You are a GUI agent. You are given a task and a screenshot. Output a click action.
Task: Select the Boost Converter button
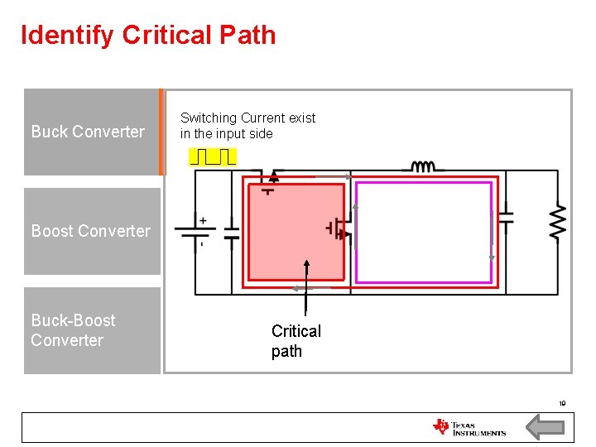[x=91, y=231]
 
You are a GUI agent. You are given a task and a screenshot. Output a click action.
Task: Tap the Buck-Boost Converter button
[x=91, y=330]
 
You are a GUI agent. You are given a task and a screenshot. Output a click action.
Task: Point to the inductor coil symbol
[x=423, y=167]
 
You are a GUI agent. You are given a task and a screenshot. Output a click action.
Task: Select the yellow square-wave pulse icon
[x=213, y=156]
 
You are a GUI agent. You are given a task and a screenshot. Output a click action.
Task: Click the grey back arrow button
[x=546, y=427]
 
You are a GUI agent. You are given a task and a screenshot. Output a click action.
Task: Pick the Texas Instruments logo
[x=469, y=427]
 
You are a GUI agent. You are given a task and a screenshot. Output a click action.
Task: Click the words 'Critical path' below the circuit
[x=296, y=341]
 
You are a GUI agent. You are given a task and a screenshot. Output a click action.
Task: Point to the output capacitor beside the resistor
[x=505, y=218]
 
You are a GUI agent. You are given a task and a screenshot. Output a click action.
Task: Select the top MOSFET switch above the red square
[x=269, y=178]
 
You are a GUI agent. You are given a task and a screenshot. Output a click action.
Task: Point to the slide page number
[x=562, y=404]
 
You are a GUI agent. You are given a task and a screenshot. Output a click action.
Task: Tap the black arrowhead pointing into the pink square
[x=307, y=264]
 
